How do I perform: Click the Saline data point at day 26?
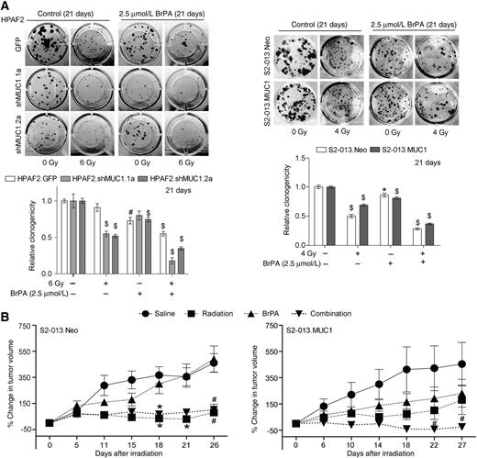pos(214,363)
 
